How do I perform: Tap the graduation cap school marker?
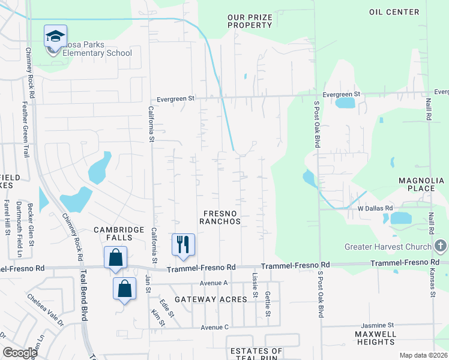point(55,37)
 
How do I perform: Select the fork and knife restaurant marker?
point(184,244)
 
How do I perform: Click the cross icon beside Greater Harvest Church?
point(441,246)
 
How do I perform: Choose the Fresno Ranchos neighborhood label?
point(221,217)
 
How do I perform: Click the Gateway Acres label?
point(211,299)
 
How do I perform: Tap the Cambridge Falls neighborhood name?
point(119,234)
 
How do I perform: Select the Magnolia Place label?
point(417,184)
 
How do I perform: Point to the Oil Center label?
point(394,12)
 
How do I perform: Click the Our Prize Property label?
point(250,22)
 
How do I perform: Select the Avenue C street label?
point(215,327)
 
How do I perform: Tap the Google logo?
point(20,352)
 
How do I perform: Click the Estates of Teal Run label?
point(255,355)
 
